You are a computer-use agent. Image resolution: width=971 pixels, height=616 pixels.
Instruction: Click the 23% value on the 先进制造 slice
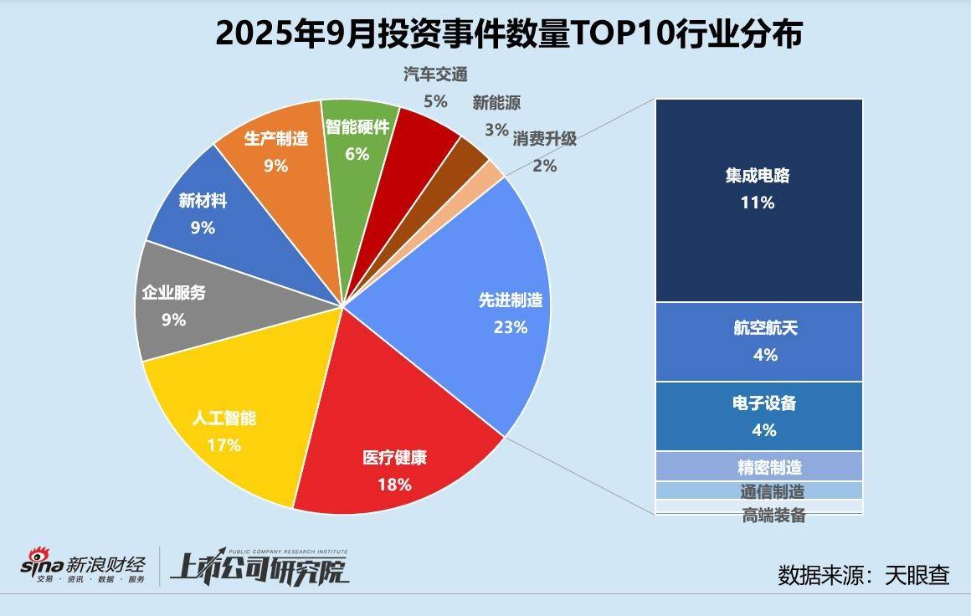click(x=511, y=327)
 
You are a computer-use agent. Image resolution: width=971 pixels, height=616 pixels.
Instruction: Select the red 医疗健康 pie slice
click(x=393, y=444)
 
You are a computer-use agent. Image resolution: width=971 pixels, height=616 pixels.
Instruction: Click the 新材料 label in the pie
click(x=203, y=202)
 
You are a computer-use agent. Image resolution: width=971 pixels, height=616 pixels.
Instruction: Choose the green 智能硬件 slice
click(x=357, y=138)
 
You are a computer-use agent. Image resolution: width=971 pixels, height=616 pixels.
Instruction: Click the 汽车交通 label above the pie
click(x=434, y=75)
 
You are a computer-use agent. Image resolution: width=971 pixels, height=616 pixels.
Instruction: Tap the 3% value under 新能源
click(x=496, y=129)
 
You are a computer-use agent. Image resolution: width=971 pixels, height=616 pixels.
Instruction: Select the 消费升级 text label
click(x=545, y=139)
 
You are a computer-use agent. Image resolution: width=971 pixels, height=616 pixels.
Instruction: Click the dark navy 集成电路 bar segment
click(x=758, y=201)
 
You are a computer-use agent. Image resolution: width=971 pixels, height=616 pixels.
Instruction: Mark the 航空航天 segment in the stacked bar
click(x=758, y=341)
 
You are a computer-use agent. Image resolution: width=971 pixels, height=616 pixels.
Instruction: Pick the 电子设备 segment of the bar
click(x=758, y=416)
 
